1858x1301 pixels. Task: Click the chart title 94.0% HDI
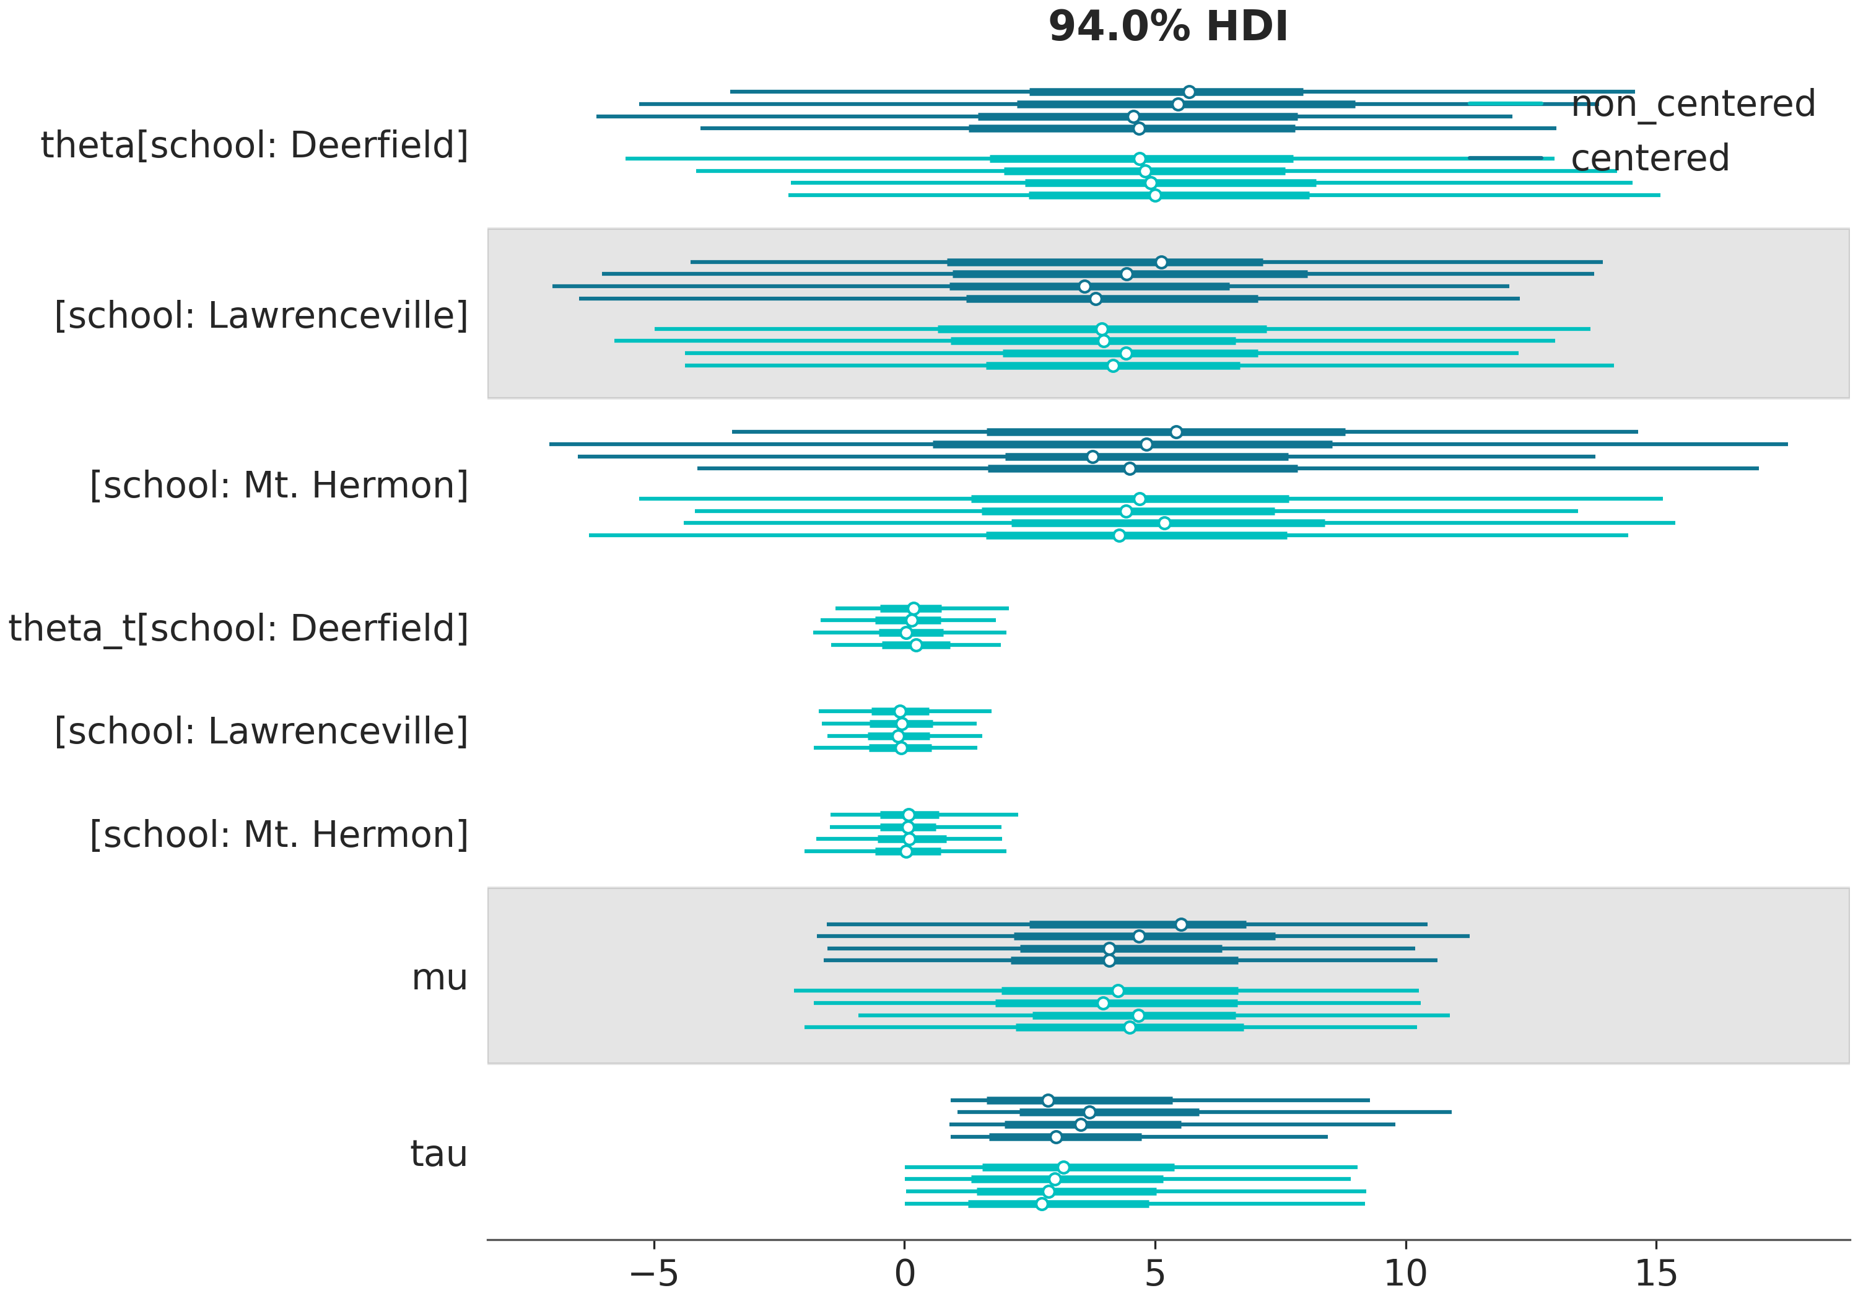click(1167, 27)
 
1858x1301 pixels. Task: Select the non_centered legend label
click(1693, 103)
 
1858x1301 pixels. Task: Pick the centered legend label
click(1649, 158)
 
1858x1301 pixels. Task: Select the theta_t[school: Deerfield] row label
click(238, 628)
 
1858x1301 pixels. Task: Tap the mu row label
click(439, 977)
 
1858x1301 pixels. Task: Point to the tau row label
click(438, 1154)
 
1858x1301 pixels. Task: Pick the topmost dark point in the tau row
click(1048, 1100)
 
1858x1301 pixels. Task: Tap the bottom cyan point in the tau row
click(1042, 1204)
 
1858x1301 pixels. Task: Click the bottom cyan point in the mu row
click(1130, 1027)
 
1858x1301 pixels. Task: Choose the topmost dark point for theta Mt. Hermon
click(1176, 432)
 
